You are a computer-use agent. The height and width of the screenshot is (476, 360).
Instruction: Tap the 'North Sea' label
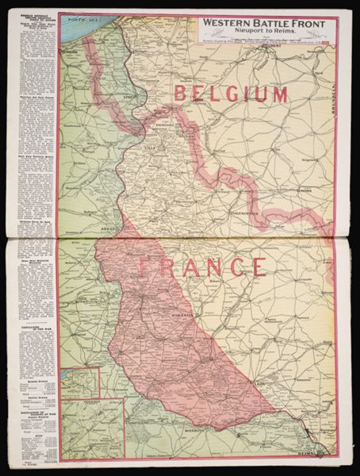tap(80, 17)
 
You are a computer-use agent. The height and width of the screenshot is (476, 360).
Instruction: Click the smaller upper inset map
tap(80, 382)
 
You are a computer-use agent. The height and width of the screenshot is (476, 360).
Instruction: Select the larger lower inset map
tap(93, 428)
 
